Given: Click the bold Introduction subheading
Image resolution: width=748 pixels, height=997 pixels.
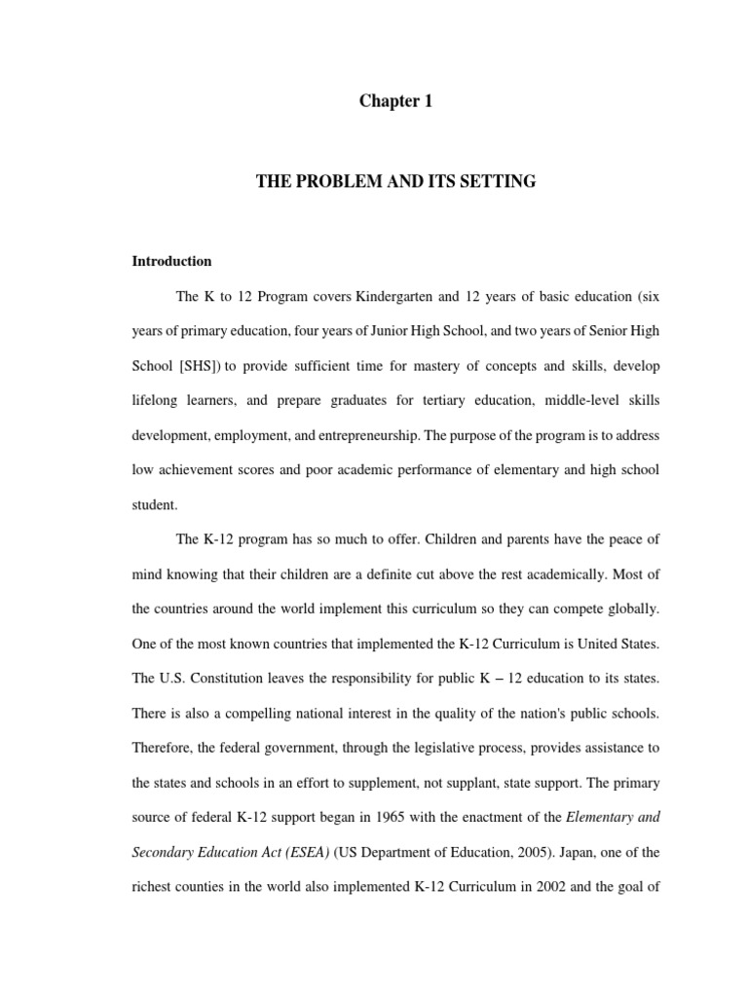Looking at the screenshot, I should [x=171, y=261].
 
